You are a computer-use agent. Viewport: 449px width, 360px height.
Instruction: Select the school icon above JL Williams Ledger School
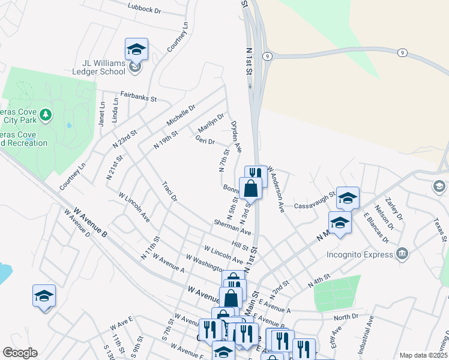tap(136, 49)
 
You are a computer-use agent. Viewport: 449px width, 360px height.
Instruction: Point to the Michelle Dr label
tap(181, 115)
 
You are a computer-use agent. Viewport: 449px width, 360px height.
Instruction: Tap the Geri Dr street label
tap(205, 141)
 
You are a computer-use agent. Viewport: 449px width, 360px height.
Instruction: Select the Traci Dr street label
tap(170, 191)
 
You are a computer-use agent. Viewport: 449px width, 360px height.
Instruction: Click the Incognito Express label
tap(360, 252)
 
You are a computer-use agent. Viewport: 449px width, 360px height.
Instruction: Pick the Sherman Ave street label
tap(232, 226)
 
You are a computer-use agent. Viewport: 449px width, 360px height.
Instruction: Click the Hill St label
tap(240, 247)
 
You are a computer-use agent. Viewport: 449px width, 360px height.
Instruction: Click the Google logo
tap(20, 353)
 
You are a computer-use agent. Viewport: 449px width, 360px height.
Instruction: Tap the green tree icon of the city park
tap(46, 114)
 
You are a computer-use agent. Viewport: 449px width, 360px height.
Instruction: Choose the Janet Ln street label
tap(101, 113)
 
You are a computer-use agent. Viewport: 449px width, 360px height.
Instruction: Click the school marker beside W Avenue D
tap(44, 296)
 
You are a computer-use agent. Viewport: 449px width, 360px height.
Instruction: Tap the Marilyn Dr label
tap(211, 122)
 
